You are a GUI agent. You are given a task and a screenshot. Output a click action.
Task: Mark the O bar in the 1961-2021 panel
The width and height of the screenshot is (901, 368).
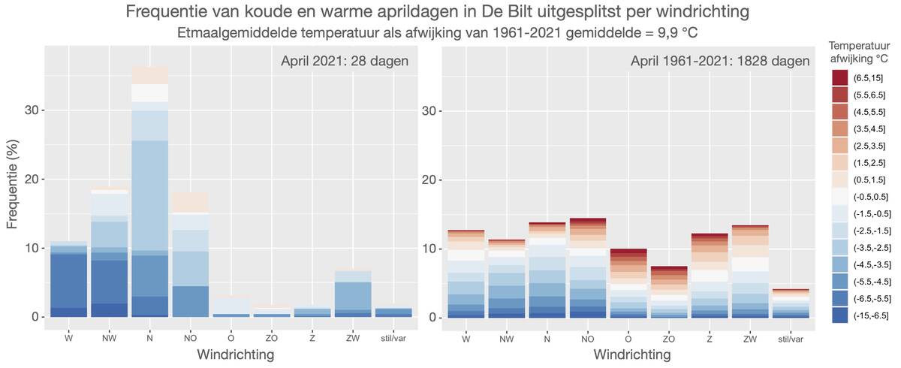(x=628, y=283)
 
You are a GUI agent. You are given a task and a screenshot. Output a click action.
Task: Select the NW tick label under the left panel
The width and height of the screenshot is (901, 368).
(x=110, y=339)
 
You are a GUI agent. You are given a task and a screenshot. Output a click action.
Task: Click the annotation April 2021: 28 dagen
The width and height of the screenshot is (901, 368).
(x=345, y=61)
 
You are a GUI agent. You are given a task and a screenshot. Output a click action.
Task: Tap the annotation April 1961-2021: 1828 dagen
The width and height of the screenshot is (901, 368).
(x=720, y=61)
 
